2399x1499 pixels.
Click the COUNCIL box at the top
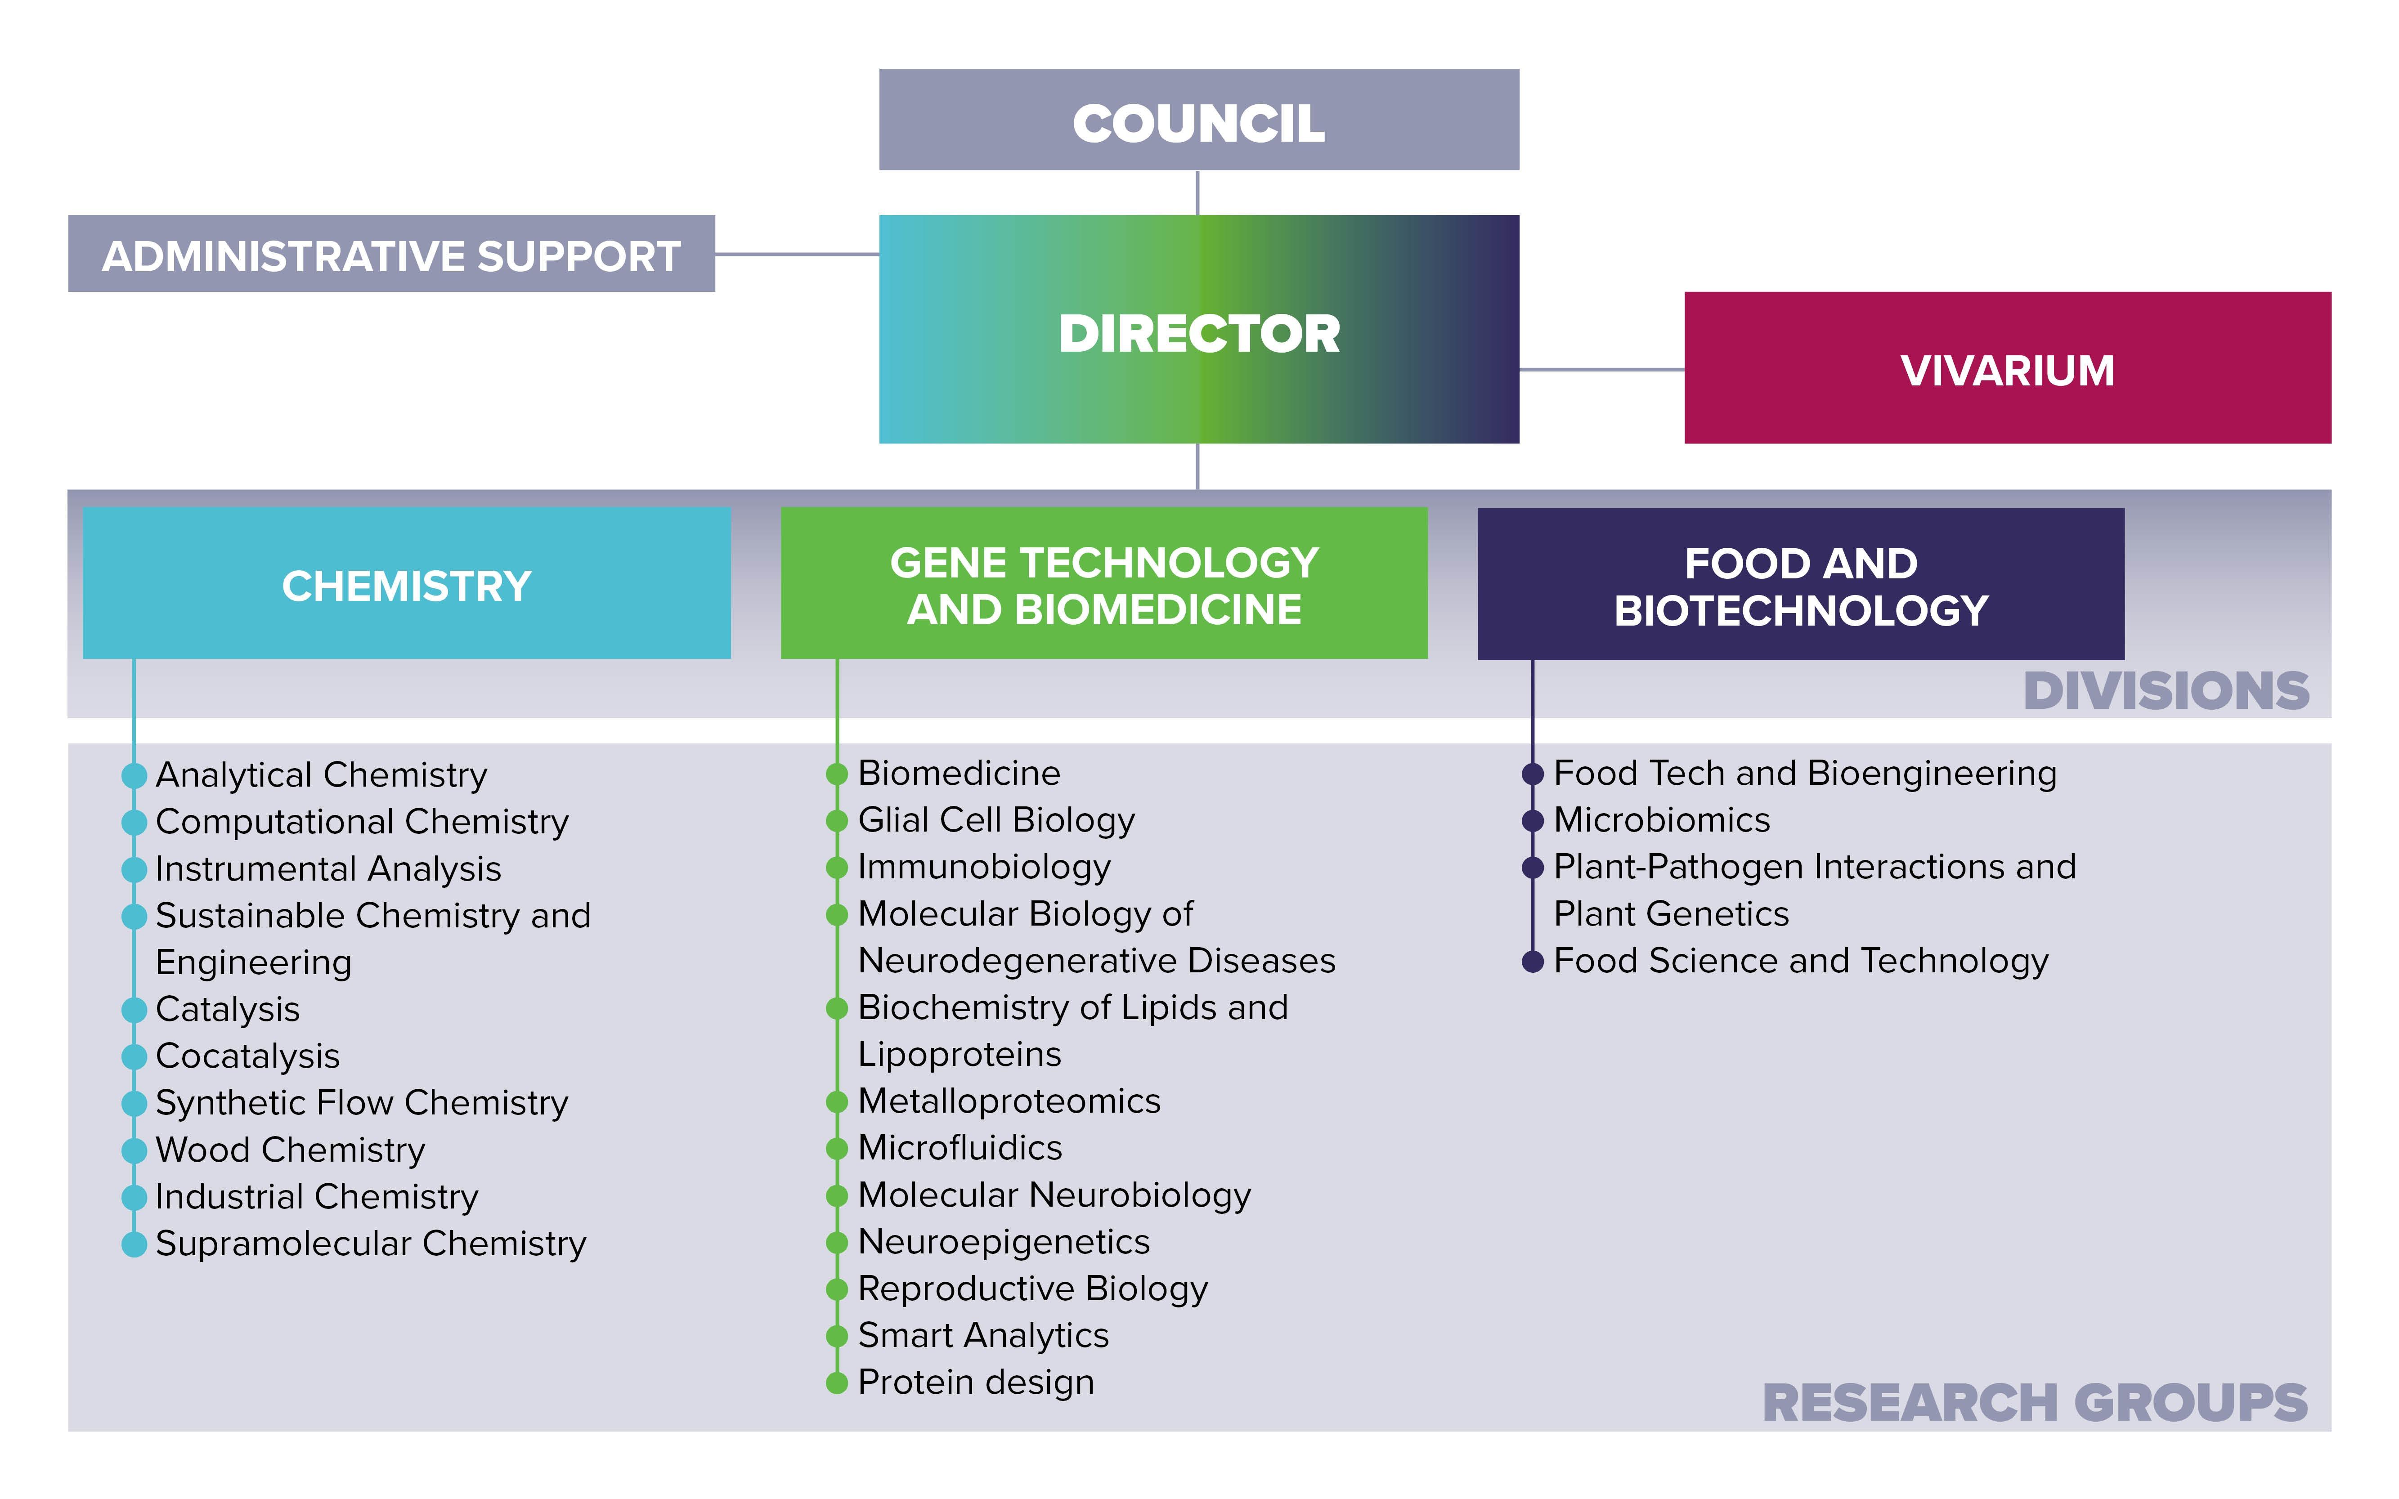(x=1198, y=120)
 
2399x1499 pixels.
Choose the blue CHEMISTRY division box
(x=407, y=584)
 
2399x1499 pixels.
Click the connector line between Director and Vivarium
(x=1601, y=370)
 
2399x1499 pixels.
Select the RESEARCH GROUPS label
(x=2034, y=1403)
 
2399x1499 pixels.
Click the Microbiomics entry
(x=1661, y=820)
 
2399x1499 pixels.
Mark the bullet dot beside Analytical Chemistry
(x=134, y=775)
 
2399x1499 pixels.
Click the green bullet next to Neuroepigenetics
(x=837, y=1242)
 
